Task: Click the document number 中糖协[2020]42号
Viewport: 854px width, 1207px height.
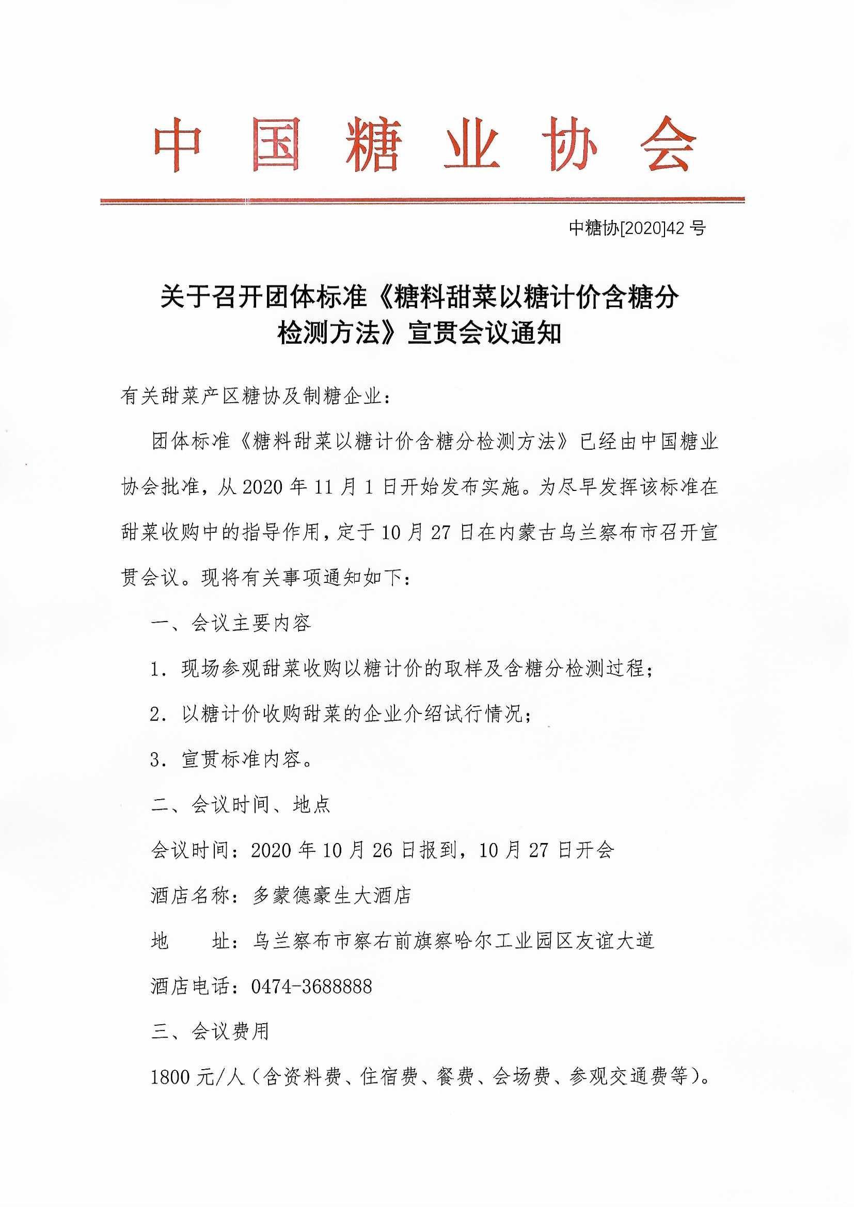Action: pyautogui.click(x=637, y=228)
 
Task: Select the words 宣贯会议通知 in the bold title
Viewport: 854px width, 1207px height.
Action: pyautogui.click(x=484, y=333)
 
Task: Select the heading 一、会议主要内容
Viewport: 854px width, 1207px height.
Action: pyautogui.click(x=231, y=624)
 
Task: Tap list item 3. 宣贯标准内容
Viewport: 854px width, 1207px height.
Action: pyautogui.click(x=231, y=759)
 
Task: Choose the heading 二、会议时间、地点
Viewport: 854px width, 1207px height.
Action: pyautogui.click(x=240, y=805)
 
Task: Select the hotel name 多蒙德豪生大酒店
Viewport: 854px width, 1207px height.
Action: pyautogui.click(x=331, y=896)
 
